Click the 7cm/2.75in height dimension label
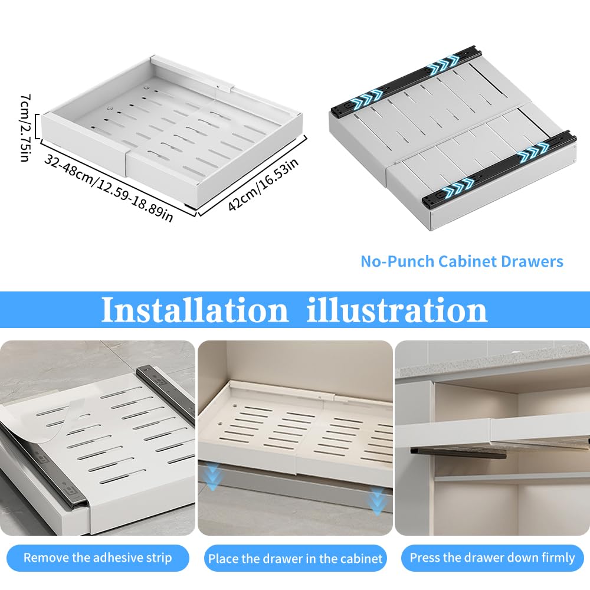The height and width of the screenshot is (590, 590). pos(24,127)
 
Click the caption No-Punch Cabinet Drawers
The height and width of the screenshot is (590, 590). pos(462,261)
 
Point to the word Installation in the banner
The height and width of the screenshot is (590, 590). pos(195,310)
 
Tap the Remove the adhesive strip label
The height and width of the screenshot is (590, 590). pos(97,558)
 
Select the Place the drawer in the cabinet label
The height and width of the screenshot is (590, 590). pos(296,558)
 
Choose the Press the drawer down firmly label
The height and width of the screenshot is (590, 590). pos(492,558)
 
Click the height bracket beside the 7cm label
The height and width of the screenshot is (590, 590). pos(37,126)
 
